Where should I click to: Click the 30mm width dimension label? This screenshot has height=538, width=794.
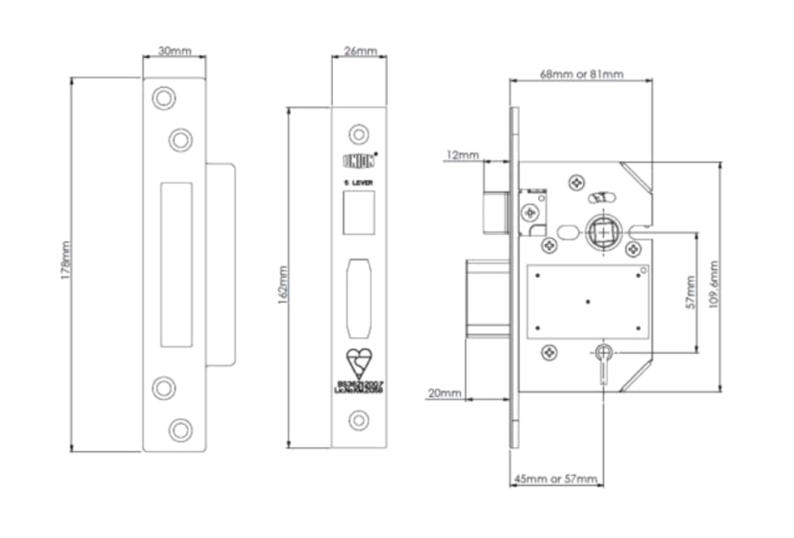click(x=174, y=51)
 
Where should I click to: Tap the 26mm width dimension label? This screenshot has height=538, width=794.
click(x=360, y=51)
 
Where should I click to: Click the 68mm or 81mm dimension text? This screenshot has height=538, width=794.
click(x=581, y=74)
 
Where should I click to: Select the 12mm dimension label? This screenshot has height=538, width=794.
click(x=462, y=155)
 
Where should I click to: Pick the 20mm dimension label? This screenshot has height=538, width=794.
click(x=444, y=394)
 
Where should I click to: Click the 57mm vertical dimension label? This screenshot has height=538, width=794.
click(x=690, y=292)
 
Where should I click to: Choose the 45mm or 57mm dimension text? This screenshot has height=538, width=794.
click(x=555, y=478)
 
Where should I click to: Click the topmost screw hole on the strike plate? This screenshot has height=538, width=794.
click(x=162, y=97)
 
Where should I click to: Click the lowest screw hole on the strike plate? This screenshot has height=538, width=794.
click(x=180, y=429)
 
